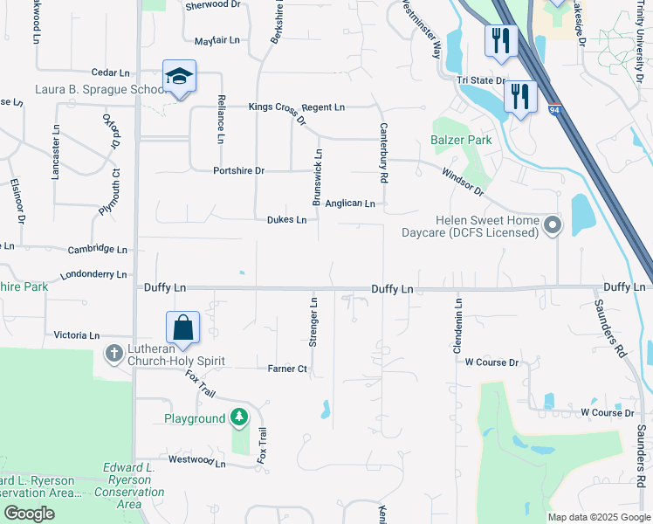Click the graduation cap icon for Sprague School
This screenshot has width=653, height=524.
179,76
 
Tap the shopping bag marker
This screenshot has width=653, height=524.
183,328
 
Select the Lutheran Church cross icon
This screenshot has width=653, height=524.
113,354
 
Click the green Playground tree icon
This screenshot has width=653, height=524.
238,418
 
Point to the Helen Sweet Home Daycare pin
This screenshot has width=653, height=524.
552,226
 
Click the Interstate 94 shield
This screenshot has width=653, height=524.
555,110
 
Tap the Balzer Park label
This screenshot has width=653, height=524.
461,140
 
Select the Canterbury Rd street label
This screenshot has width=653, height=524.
382,152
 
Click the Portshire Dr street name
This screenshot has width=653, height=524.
238,170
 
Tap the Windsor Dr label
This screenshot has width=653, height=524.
462,181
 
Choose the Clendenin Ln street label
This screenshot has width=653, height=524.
457,324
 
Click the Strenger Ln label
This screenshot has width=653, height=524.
313,323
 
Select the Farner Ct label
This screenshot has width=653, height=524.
287,369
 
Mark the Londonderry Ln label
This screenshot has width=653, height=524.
93,274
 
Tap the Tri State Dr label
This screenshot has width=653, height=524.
482,80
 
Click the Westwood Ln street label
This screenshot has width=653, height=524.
196,460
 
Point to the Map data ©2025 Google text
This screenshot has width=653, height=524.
598,517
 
